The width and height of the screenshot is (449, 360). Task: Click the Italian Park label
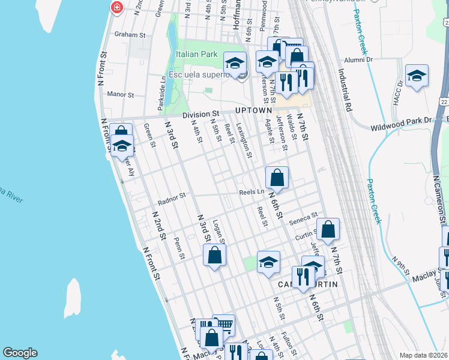[x=196, y=54]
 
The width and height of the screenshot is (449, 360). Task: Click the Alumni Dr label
[x=358, y=59]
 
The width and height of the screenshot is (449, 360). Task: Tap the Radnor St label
[x=172, y=195]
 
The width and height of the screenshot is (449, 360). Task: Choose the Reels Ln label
[x=252, y=192]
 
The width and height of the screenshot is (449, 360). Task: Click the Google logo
[x=20, y=353]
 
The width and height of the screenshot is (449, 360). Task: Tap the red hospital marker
[x=116, y=7]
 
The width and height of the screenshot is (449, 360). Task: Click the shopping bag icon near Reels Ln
[x=277, y=178]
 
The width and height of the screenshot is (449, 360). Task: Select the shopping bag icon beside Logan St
[x=215, y=255]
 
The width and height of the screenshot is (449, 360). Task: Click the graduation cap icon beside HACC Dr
[x=417, y=76]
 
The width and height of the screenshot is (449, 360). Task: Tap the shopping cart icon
[x=223, y=325]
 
